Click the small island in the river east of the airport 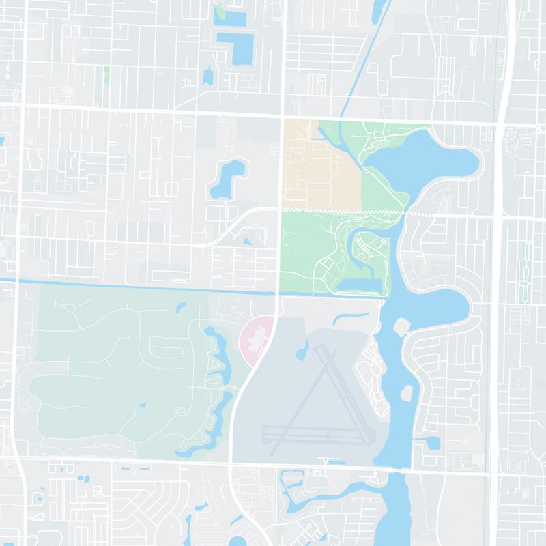[405, 392]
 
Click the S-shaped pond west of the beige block [227, 179]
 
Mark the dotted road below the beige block [341, 210]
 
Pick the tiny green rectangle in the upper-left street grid [106, 73]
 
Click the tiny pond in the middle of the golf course [142, 405]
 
